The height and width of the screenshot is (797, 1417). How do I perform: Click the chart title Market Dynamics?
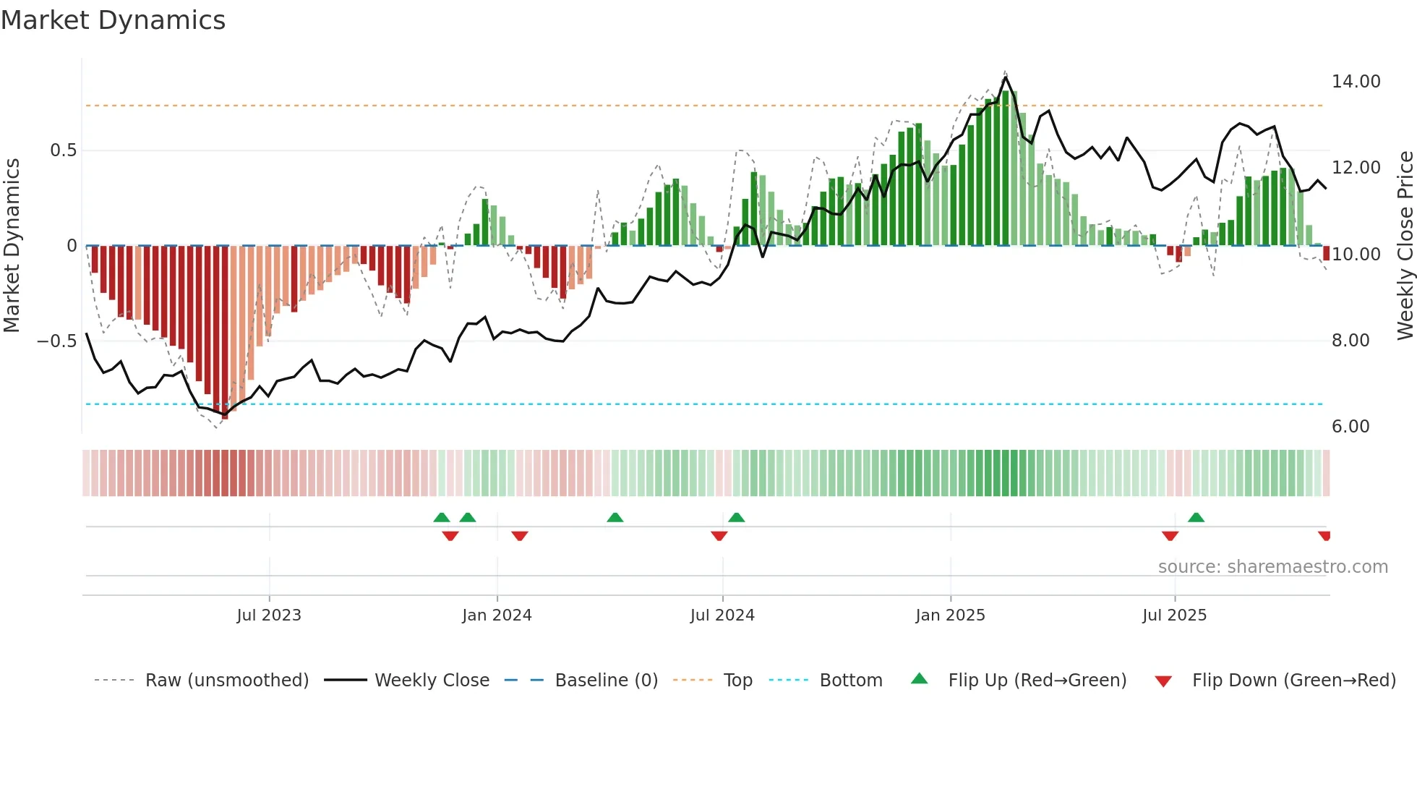coord(113,20)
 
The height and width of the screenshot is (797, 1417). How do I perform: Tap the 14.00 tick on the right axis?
coord(1356,82)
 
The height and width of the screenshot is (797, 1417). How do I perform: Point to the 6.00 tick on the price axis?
coord(1350,427)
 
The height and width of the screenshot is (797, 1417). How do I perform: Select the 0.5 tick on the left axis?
coord(63,150)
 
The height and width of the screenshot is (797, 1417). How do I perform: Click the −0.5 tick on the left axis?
coord(56,341)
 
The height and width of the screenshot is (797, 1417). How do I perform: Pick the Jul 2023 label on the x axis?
coord(268,615)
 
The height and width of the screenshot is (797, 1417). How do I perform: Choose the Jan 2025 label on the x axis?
coord(949,615)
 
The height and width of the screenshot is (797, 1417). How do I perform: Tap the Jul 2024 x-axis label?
coord(722,615)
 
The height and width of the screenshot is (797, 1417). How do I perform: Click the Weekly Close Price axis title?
coord(1405,245)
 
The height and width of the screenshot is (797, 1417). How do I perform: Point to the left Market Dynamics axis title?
coord(12,245)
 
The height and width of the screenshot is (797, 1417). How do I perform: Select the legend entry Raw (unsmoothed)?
coord(226,681)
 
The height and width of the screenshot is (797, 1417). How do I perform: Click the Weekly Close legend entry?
coord(432,681)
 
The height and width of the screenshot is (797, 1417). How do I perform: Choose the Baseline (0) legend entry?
coord(606,681)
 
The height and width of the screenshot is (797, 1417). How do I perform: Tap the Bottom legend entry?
coord(850,681)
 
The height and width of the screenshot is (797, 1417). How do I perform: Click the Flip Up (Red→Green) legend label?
coord(1037,681)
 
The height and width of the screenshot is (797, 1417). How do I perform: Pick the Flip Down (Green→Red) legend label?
coord(1293,681)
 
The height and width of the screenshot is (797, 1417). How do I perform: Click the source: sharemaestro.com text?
coord(1272,567)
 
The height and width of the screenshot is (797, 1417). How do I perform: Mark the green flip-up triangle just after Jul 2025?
coord(1196,517)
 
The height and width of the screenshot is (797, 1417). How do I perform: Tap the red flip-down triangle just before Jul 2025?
coord(1170,536)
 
